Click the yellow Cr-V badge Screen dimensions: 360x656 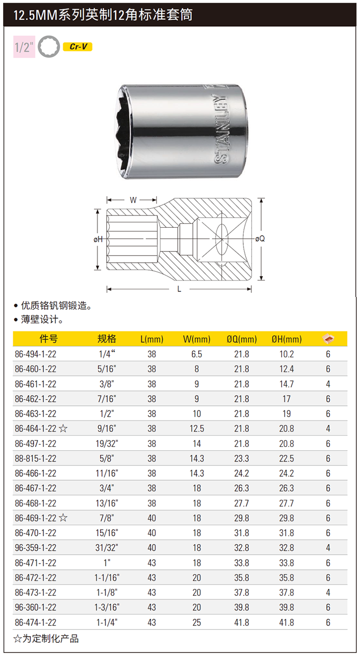(x=77, y=47)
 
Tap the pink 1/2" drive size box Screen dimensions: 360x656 (x=24, y=47)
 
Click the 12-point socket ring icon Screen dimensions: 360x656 (x=49, y=46)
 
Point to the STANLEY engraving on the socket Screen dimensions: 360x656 (x=221, y=129)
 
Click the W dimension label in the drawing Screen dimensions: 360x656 (x=133, y=200)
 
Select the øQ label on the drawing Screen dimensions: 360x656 (x=260, y=239)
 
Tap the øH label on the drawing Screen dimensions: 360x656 (x=98, y=239)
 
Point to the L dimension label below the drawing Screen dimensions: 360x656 (x=179, y=289)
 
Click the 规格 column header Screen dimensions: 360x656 (x=107, y=339)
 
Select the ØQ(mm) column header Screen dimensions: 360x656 (x=242, y=339)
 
